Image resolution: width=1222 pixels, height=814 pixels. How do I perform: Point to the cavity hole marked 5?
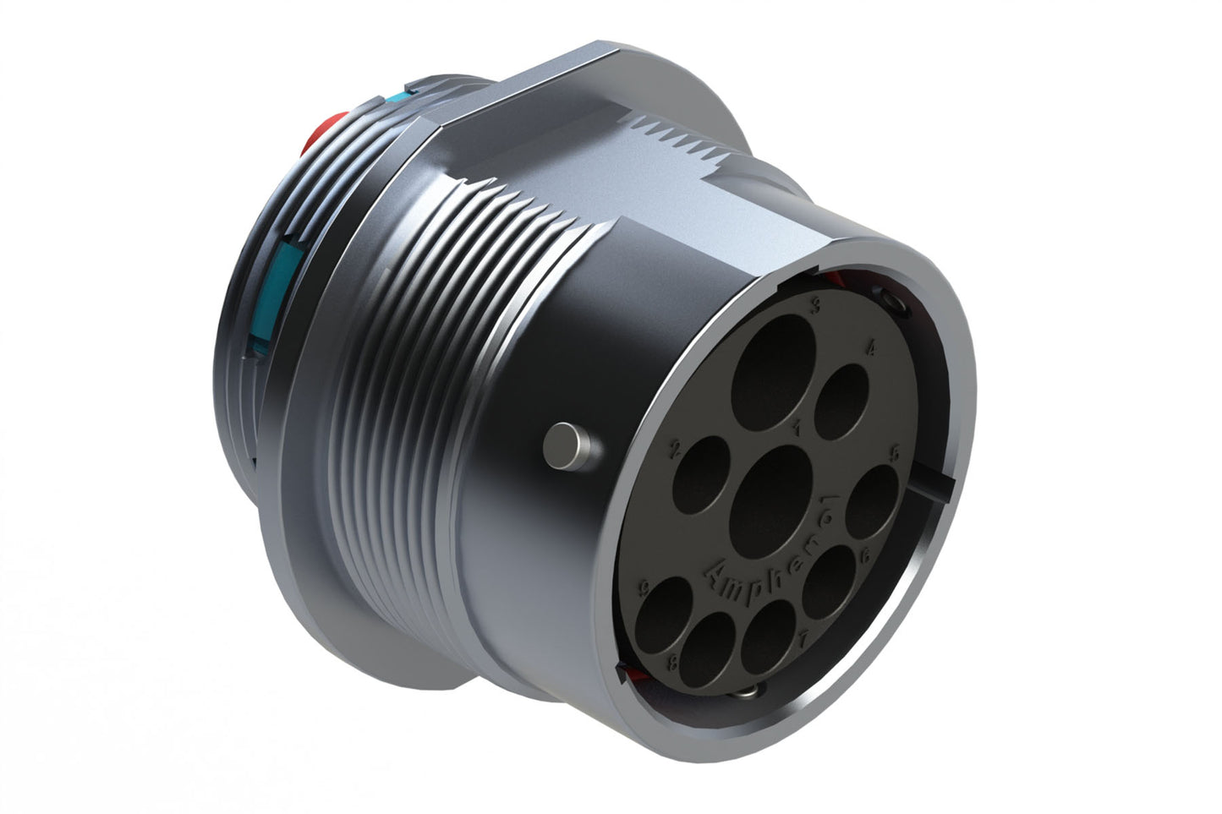pos(871,501)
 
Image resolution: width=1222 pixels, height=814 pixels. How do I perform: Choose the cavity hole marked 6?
pos(827,582)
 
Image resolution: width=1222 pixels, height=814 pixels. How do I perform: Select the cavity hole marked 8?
pos(707,649)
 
